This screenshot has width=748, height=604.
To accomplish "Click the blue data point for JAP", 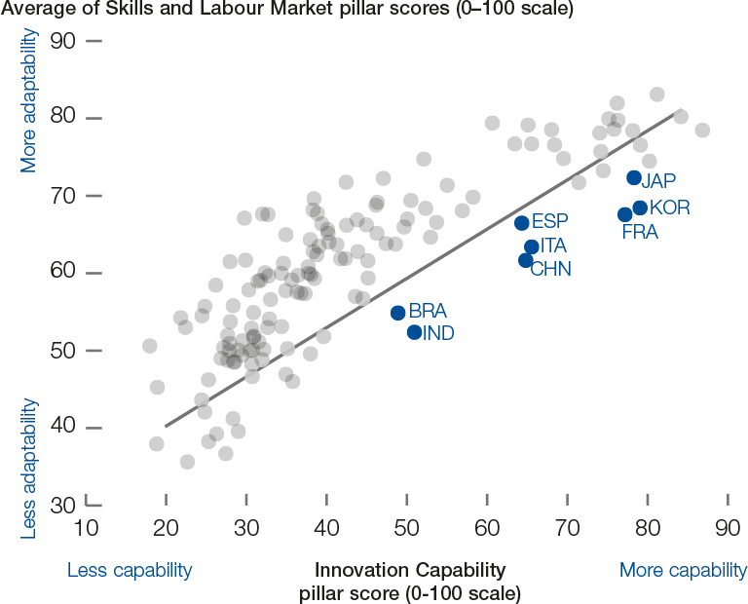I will click(634, 178).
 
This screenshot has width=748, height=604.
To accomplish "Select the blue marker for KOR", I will click(640, 208).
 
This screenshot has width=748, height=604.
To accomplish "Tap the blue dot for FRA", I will click(625, 214).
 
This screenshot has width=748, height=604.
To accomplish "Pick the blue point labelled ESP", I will click(522, 223).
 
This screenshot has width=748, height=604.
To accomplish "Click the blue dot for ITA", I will click(532, 247).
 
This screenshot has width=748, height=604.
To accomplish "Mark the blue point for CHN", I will click(526, 260).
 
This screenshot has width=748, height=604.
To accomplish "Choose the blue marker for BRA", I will click(398, 313).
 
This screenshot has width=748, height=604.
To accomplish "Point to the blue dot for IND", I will click(414, 332).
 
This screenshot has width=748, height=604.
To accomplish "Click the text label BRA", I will click(428, 312).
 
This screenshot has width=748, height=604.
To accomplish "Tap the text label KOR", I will click(669, 208).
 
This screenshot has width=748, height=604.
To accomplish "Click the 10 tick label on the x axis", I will click(86, 529).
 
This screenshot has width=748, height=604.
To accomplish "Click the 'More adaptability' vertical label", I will click(29, 100).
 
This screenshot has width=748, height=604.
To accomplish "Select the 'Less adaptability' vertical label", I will click(29, 468).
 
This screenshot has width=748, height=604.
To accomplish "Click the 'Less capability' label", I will click(130, 570).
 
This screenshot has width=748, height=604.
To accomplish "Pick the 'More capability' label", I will click(683, 570).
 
